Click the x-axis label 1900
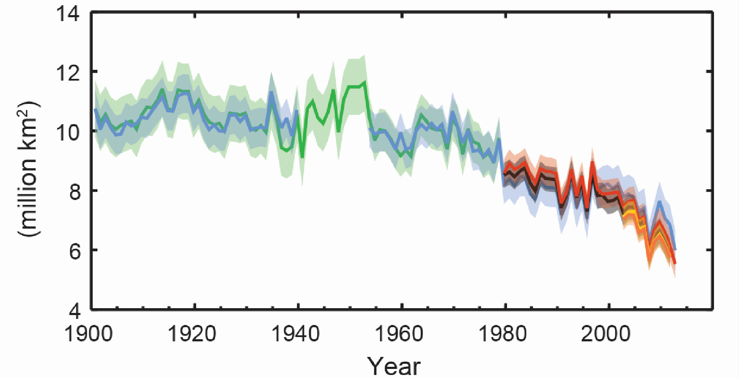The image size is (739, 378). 89,334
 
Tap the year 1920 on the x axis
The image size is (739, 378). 192,334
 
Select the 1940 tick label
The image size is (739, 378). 296,334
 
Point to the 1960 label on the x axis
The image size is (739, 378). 399,334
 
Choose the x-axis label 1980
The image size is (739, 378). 503,334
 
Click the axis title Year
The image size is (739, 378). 394,366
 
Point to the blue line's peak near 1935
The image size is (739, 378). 272,92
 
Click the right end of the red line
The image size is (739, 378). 675,263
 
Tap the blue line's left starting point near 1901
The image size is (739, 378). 95,109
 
